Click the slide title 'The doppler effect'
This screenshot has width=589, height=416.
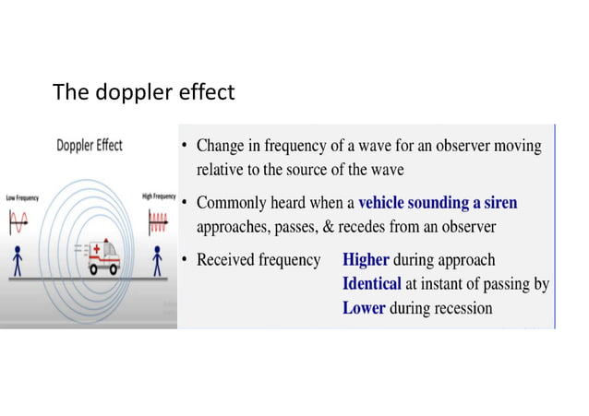pos(143,92)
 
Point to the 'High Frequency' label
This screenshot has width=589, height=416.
pos(159,196)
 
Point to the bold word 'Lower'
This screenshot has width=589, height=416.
pos(364,308)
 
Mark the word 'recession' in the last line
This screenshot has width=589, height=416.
pos(462,308)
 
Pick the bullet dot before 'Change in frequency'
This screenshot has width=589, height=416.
pos(186,146)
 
